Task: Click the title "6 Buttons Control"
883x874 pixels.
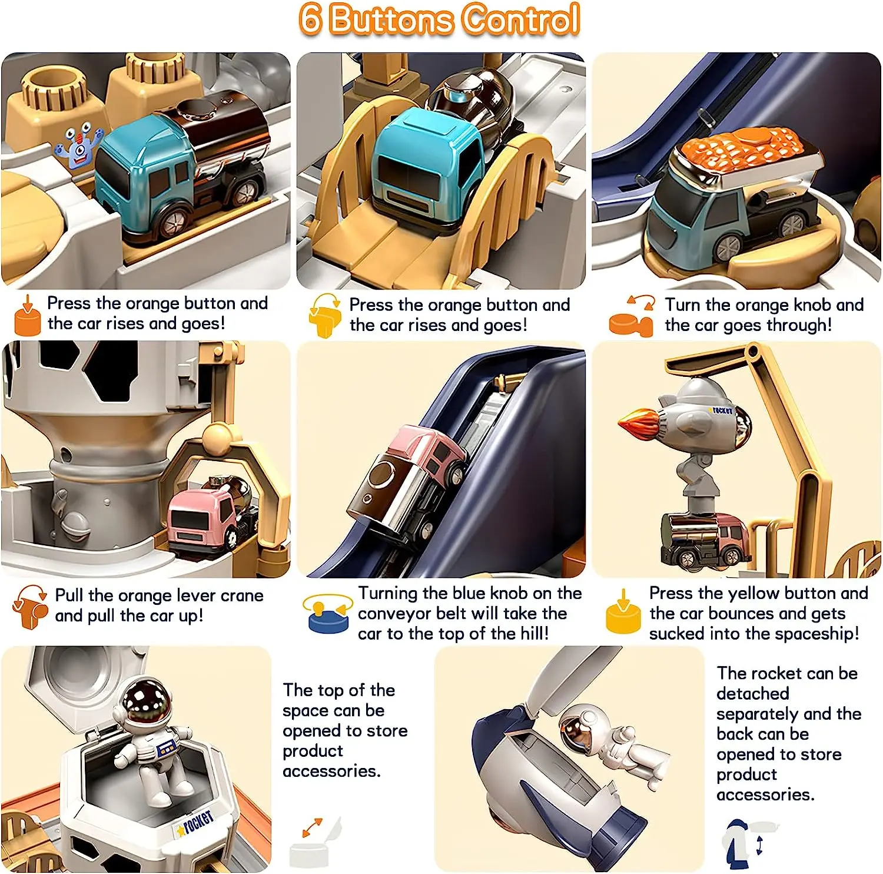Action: click(439, 20)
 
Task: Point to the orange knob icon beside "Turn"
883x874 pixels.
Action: click(632, 316)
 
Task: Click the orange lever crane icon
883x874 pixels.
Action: click(29, 607)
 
